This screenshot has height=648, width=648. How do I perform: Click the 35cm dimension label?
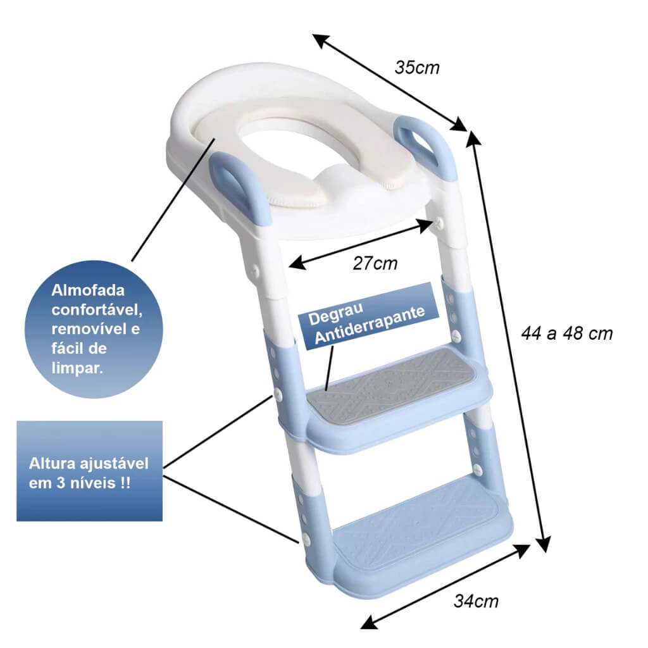[x=417, y=68]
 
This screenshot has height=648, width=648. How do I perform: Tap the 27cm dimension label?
[x=375, y=263]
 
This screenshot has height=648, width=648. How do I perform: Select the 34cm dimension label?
[x=476, y=601]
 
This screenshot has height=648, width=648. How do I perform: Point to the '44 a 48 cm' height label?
[x=566, y=333]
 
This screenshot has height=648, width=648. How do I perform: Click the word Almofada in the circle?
[x=87, y=290]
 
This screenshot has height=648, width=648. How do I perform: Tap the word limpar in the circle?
[x=77, y=368]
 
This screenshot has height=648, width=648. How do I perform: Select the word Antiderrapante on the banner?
[x=370, y=325]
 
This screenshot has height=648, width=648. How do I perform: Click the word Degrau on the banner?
[x=335, y=314]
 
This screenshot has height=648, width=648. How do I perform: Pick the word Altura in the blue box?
[x=52, y=463]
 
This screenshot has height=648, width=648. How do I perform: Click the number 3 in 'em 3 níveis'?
[x=61, y=483]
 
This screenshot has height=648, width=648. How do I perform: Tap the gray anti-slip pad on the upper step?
[x=391, y=383]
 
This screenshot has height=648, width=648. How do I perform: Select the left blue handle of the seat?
[x=240, y=187]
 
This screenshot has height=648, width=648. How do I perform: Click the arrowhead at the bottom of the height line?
[x=544, y=544]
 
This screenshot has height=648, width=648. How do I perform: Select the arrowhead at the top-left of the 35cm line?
[x=321, y=40]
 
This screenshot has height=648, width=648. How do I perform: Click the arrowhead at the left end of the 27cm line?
[x=297, y=263]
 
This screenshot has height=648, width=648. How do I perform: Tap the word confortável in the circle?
[x=97, y=310]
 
